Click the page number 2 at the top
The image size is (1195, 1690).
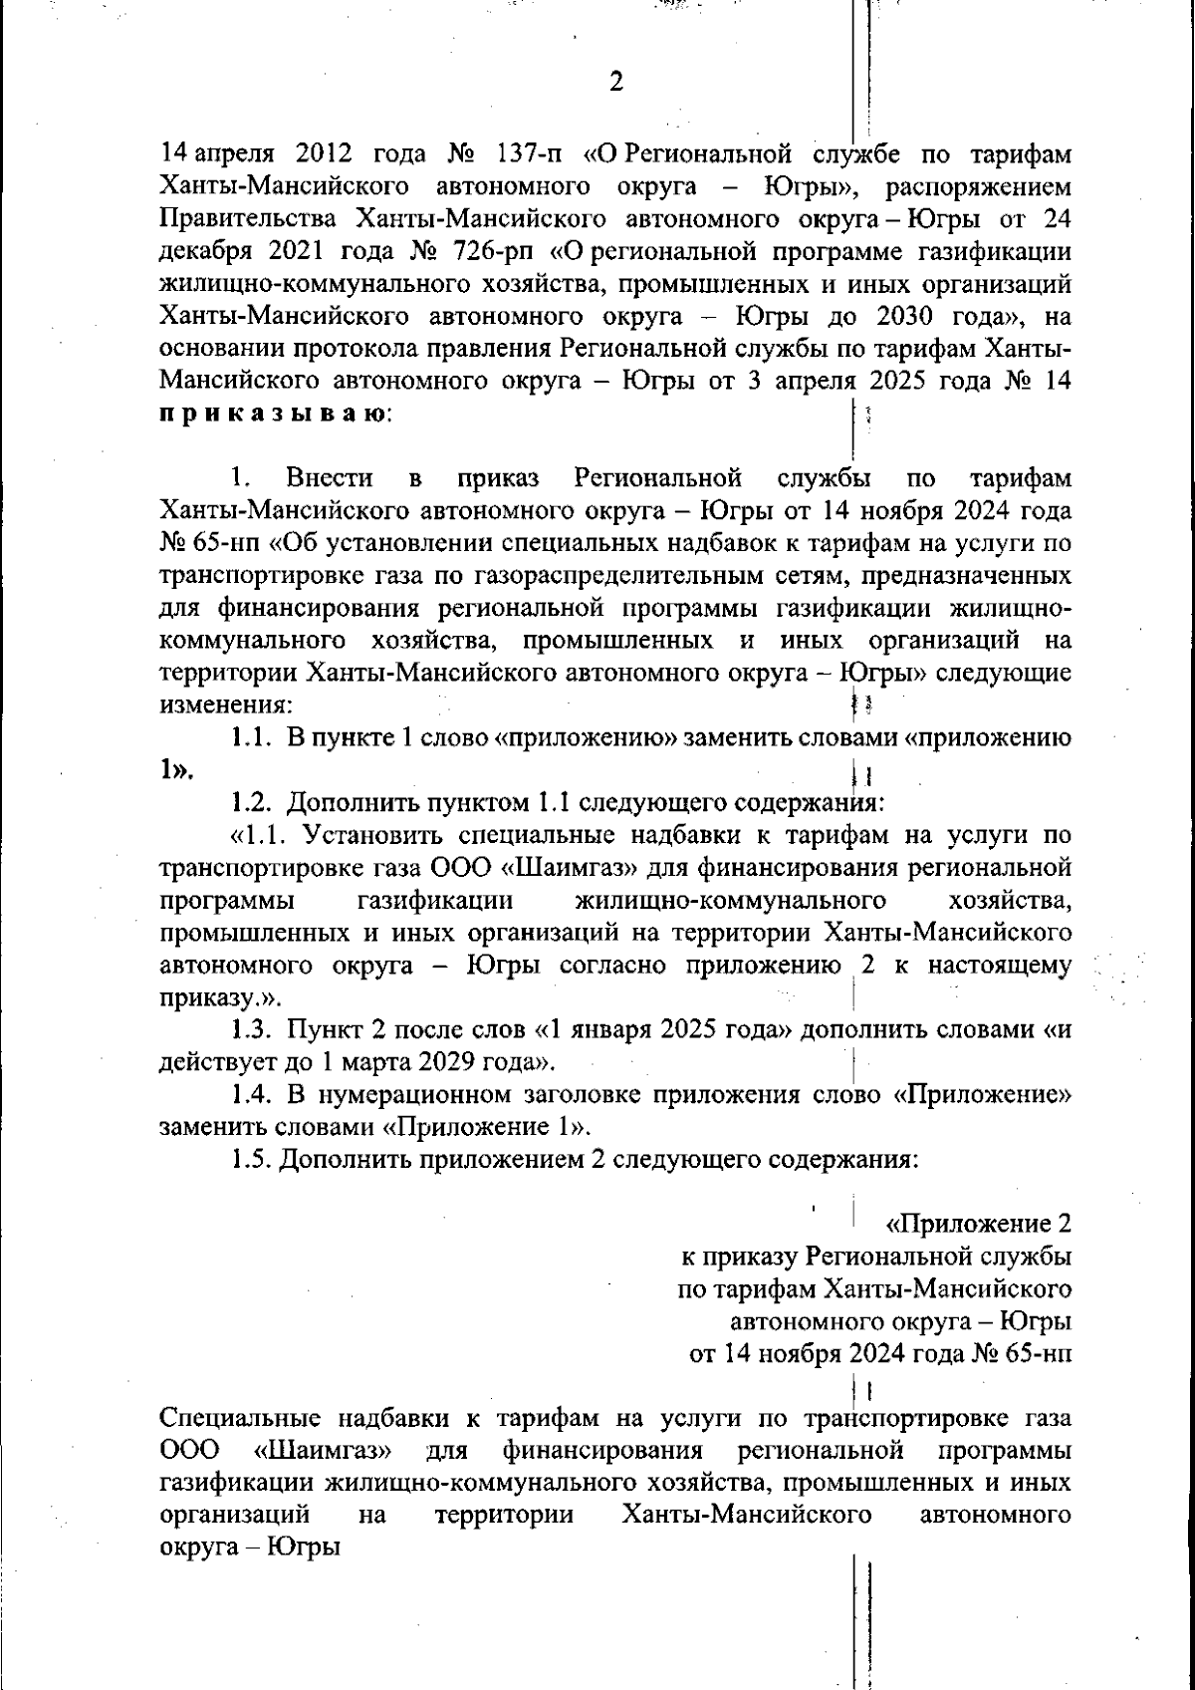point(615,82)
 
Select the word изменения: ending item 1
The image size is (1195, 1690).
point(226,705)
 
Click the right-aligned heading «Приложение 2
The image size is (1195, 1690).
point(978,1225)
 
